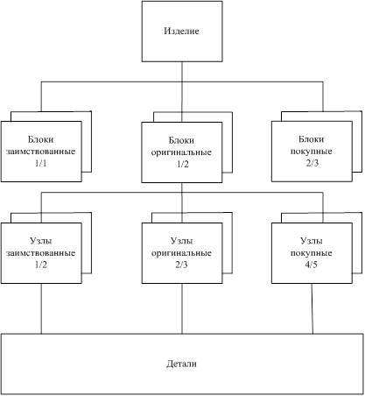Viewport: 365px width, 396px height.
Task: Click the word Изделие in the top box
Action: click(x=181, y=31)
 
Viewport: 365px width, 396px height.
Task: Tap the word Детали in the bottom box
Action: click(x=181, y=364)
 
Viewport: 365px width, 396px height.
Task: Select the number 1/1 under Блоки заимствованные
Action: click(x=41, y=163)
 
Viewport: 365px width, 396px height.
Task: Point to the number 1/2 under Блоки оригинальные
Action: click(x=183, y=164)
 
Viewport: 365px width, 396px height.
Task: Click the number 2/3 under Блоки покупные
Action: click(x=312, y=163)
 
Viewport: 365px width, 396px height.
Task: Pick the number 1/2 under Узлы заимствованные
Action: click(x=41, y=265)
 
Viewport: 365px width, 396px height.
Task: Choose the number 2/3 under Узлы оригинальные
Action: click(x=181, y=265)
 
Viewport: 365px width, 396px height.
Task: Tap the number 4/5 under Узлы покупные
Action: click(x=311, y=265)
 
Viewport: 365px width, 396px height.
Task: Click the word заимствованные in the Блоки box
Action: click(x=41, y=152)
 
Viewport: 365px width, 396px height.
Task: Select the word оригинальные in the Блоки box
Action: click(x=181, y=152)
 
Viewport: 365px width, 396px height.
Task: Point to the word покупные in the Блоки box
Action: click(x=312, y=152)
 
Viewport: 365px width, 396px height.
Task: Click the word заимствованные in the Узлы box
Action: click(x=41, y=253)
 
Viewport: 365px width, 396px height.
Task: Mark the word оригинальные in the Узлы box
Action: click(x=181, y=253)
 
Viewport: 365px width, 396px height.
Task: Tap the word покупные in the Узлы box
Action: click(x=312, y=253)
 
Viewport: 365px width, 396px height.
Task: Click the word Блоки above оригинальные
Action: click(x=181, y=140)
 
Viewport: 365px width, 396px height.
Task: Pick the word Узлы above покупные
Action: click(x=312, y=241)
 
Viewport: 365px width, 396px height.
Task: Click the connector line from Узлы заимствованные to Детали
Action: click(x=41, y=308)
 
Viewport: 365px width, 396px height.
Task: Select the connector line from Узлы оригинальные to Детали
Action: click(x=182, y=308)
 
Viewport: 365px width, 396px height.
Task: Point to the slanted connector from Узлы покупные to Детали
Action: click(x=312, y=308)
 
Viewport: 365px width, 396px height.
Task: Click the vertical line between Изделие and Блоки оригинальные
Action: click(x=182, y=92)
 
